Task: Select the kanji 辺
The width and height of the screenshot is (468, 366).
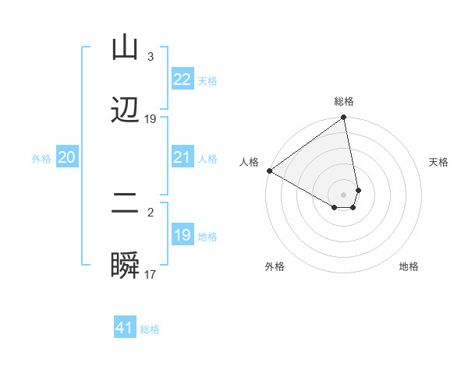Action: pos(125,110)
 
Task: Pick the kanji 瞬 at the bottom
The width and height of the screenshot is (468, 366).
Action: pos(125,266)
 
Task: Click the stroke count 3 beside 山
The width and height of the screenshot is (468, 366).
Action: pos(150,57)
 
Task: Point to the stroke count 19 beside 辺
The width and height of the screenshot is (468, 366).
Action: pos(151,119)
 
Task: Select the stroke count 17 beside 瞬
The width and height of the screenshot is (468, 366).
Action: pos(151,275)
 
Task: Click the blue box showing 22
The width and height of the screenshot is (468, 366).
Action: pos(182,79)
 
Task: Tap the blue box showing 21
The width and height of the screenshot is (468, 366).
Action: pos(182,158)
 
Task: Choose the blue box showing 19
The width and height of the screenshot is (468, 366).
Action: pos(182,235)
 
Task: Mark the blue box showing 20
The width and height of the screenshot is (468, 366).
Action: pos(66,158)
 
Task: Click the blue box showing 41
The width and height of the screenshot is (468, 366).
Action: pos(125,328)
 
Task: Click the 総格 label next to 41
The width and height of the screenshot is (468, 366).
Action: pos(150,329)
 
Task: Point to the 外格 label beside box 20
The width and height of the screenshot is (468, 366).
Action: pos(41,159)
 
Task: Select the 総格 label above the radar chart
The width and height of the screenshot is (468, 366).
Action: pos(344,101)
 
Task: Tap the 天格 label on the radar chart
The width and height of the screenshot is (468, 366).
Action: pos(439,162)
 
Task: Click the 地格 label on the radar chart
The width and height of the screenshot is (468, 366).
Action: pos(409,266)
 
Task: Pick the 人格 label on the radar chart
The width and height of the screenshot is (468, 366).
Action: pos(249,162)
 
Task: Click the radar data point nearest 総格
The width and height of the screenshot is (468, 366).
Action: pos(344,118)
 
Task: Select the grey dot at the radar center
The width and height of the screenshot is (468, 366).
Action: pos(344,194)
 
